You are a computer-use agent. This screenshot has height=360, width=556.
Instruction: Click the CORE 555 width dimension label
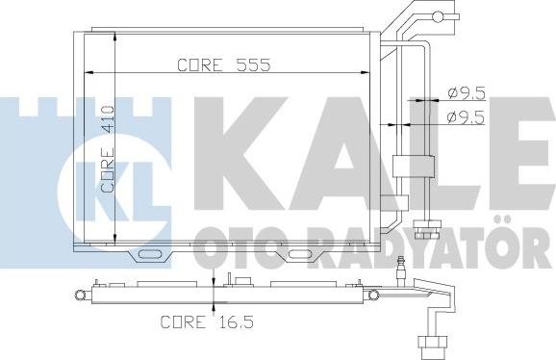point(224,64)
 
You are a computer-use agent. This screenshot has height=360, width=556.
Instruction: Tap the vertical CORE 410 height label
point(108,149)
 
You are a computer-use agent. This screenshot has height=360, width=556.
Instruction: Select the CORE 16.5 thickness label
point(207,322)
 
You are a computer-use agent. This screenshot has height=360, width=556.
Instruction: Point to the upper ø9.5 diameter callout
point(467,93)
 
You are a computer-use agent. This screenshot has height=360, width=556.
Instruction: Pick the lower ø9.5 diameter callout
point(466,117)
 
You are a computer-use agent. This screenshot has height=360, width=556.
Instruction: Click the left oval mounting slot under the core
point(150,254)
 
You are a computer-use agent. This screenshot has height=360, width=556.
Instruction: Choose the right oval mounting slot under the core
point(300,254)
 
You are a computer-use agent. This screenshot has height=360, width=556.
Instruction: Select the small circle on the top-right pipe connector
point(439,16)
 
